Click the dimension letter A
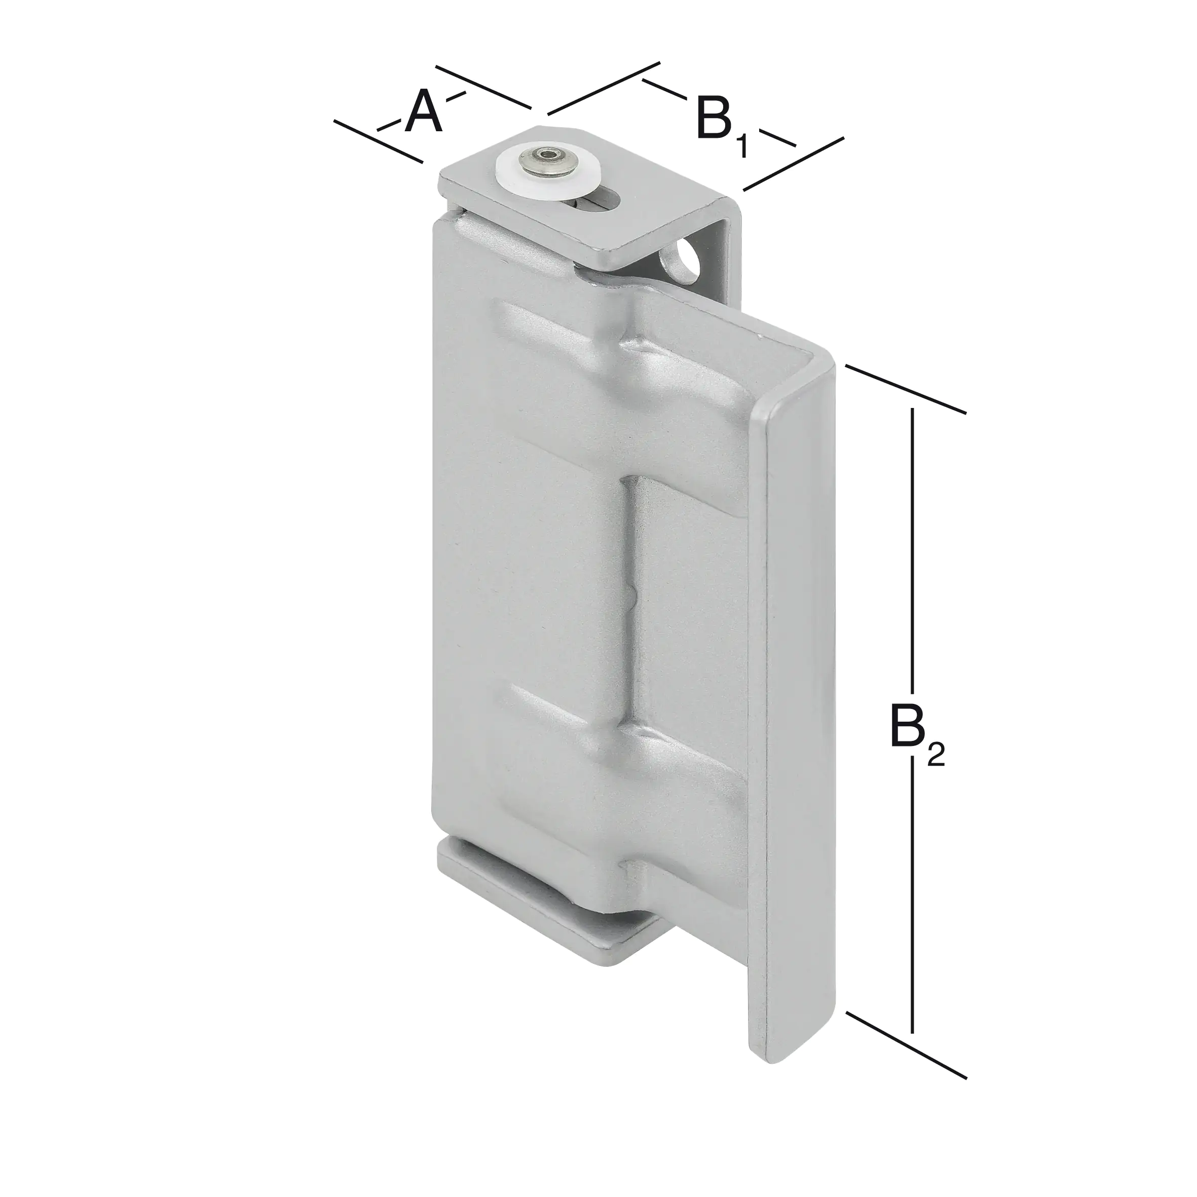(424, 111)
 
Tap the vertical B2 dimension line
(912, 557)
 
